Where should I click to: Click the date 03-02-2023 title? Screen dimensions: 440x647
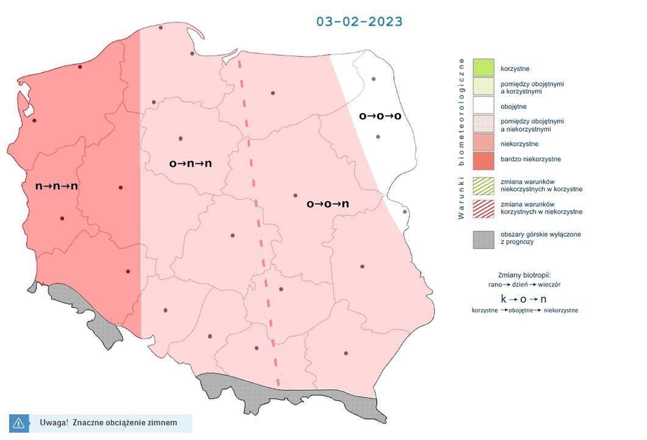pyautogui.click(x=359, y=21)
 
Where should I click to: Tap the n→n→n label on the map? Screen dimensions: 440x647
pyautogui.click(x=57, y=186)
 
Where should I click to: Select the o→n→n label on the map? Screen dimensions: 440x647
pyautogui.click(x=190, y=163)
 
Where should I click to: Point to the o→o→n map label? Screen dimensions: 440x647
pyautogui.click(x=328, y=204)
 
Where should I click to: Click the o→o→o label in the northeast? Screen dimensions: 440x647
pyautogui.click(x=380, y=116)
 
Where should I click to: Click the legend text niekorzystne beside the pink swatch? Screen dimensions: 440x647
pyautogui.click(x=519, y=144)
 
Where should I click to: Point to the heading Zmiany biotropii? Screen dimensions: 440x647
pyautogui.click(x=524, y=275)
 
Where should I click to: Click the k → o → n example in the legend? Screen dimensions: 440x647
pyautogui.click(x=524, y=299)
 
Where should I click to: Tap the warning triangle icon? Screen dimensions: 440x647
pyautogui.click(x=18, y=422)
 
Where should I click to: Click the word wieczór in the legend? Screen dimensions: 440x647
pyautogui.click(x=549, y=284)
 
